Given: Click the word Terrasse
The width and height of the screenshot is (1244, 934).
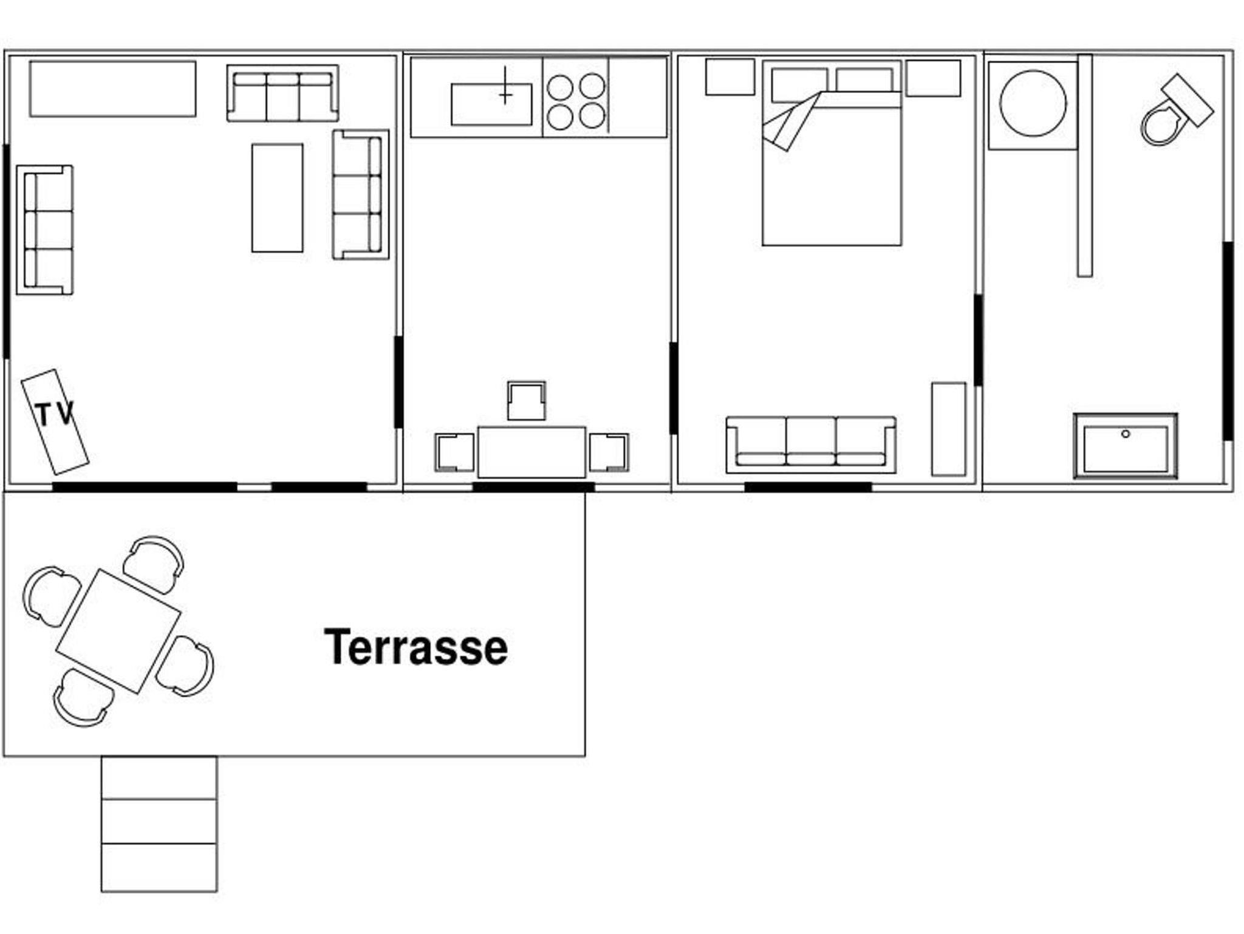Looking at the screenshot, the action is [416, 647].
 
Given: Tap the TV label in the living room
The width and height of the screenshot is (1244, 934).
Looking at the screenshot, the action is [55, 415].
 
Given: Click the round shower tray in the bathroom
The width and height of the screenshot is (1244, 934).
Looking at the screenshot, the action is [1033, 103].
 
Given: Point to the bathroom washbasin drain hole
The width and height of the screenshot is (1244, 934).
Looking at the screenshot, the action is [1126, 434].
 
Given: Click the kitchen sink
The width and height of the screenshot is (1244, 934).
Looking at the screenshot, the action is [491, 104].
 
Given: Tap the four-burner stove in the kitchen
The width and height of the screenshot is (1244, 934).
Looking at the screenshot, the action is [576, 101].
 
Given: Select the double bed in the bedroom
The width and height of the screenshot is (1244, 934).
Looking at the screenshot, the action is [832, 153].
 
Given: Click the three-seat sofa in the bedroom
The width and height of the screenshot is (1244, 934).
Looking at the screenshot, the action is [811, 445].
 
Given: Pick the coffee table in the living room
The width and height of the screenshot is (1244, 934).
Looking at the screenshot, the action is [277, 198].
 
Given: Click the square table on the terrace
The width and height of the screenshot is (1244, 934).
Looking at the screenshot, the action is [118, 632].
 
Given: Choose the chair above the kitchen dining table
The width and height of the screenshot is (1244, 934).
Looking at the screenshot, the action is [527, 401].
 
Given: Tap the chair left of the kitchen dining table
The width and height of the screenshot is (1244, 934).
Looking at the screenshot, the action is [454, 452].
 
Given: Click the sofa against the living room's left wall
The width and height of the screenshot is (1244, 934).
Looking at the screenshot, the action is [45, 230].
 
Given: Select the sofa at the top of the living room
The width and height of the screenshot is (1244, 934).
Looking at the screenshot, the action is [282, 94].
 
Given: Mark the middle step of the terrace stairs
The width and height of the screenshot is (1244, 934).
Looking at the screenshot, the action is [159, 821].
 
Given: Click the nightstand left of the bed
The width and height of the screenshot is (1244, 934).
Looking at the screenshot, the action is [730, 77].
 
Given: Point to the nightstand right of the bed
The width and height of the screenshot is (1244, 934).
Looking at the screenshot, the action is [933, 78].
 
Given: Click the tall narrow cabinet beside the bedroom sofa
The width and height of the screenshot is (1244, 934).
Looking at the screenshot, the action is [949, 429].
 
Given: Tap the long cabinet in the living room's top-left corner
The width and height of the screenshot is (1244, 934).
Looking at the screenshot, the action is [112, 89].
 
